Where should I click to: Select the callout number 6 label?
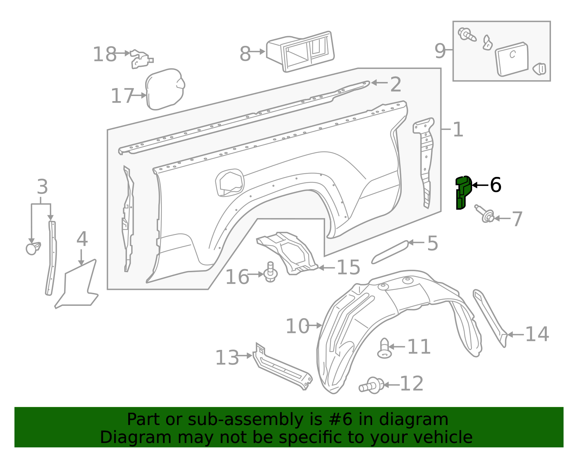coord(495,185)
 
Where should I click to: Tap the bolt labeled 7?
coord(485,214)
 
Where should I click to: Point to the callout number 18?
coord(105,55)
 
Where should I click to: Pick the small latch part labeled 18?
coord(141,59)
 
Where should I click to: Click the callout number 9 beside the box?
coord(440,51)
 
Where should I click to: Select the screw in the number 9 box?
coord(467,35)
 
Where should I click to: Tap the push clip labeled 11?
coord(384,348)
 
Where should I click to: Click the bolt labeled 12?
coord(372,385)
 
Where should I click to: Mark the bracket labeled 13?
coord(282,368)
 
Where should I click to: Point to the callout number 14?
coord(537,334)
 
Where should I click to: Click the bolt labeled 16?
coord(271,273)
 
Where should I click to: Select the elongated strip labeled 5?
coord(390,252)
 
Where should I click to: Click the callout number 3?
coord(42,187)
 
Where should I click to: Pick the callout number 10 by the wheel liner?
coord(297,326)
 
